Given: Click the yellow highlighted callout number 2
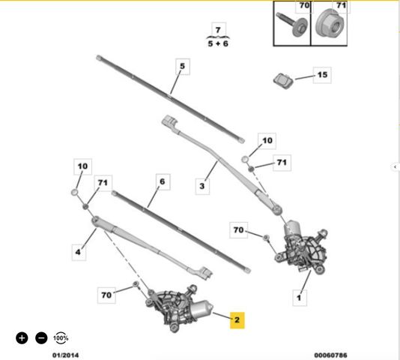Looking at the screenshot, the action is point(237,320).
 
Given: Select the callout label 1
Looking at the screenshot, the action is point(299,298).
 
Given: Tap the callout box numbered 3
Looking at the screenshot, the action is point(202,186).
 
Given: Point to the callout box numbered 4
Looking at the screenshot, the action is point(79,252).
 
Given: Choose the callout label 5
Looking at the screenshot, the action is point(183,66).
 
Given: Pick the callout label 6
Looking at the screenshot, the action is point(163,182).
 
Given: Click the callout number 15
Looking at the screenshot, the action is point(322,75).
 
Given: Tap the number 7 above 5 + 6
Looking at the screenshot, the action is point(218,30).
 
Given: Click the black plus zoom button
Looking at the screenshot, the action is point(22,338).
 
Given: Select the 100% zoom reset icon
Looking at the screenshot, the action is point(61,338).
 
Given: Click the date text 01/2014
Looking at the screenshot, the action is point(66,355).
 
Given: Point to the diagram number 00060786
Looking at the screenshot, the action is point(330,355).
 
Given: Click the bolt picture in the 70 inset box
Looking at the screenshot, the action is point(292,25).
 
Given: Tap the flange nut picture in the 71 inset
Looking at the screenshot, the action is point(330,24).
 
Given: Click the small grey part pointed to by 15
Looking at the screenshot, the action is point(283,80).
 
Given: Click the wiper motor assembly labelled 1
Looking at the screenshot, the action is point(303,247).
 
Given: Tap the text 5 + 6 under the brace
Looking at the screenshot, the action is point(218,43).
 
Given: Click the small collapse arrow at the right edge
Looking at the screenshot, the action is point(396,166).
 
